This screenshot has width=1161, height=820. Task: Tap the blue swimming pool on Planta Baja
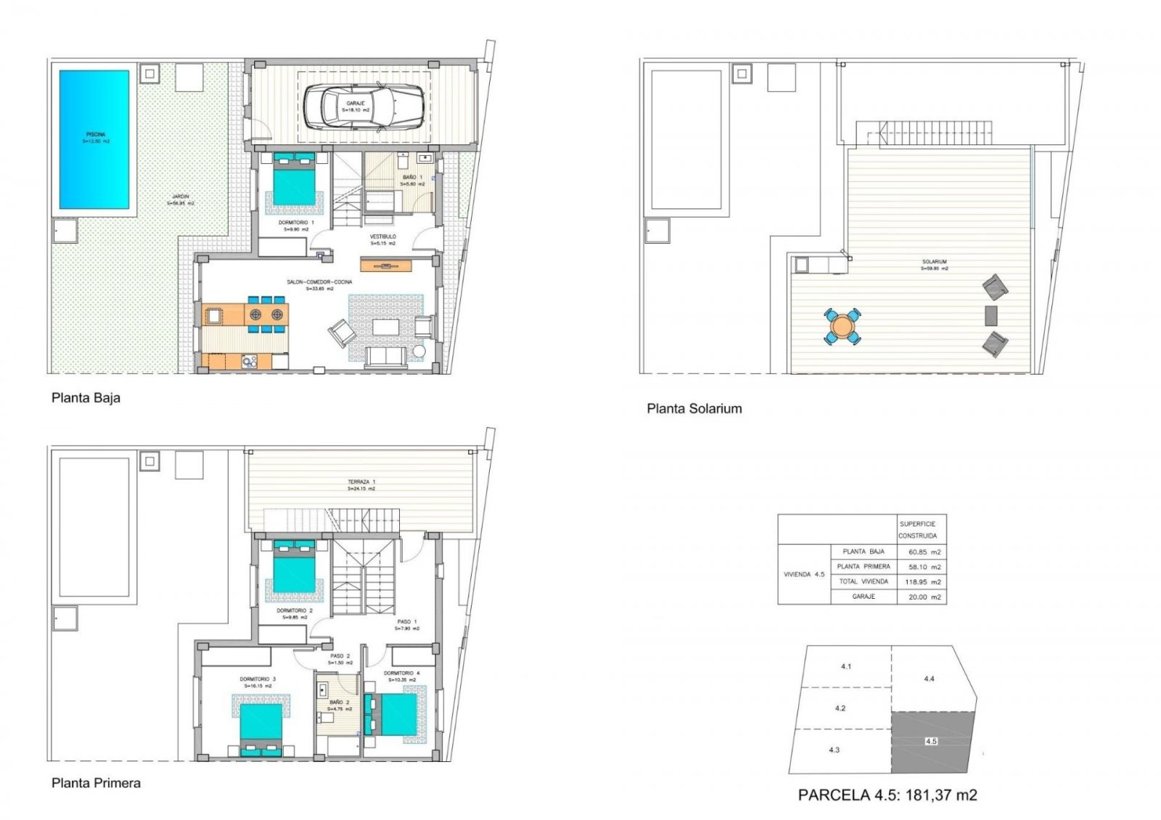coord(94,139)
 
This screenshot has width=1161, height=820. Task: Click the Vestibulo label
coord(383,237)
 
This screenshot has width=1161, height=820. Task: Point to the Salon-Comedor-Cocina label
coord(319,282)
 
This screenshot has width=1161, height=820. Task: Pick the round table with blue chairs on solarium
coord(842,326)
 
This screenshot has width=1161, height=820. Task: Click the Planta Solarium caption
coord(694,409)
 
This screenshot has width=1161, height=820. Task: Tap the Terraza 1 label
coord(361,482)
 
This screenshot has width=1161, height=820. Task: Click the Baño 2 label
coord(340,703)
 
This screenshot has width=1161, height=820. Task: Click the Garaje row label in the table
coord(863,597)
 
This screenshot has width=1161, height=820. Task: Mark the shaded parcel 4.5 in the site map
coord(932,742)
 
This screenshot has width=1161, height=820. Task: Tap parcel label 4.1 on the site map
coord(846,666)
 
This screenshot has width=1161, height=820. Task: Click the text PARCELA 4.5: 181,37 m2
coord(887,795)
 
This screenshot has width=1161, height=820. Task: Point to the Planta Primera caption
coord(96,783)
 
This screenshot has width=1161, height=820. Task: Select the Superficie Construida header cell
coord(918,530)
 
